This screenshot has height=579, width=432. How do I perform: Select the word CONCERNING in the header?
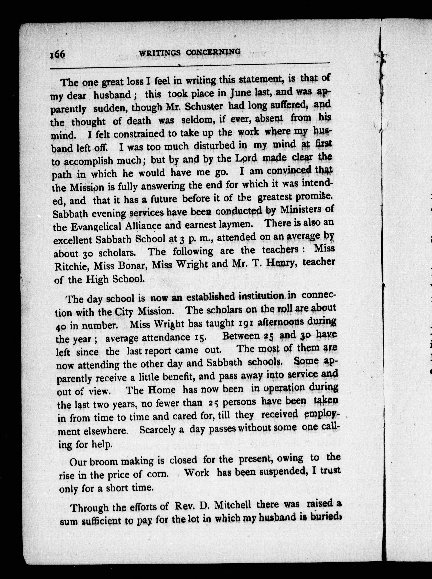pyautogui.click(x=213, y=52)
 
